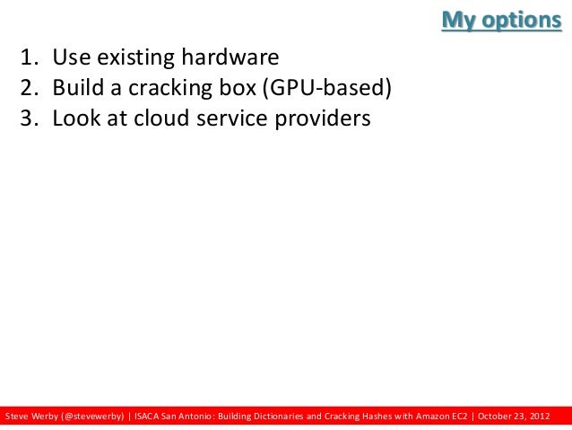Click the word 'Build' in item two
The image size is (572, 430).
coord(75,88)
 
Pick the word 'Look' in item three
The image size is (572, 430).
coord(74,118)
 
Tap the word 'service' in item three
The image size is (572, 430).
coord(239,118)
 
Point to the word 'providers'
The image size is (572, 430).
coord(325,118)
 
